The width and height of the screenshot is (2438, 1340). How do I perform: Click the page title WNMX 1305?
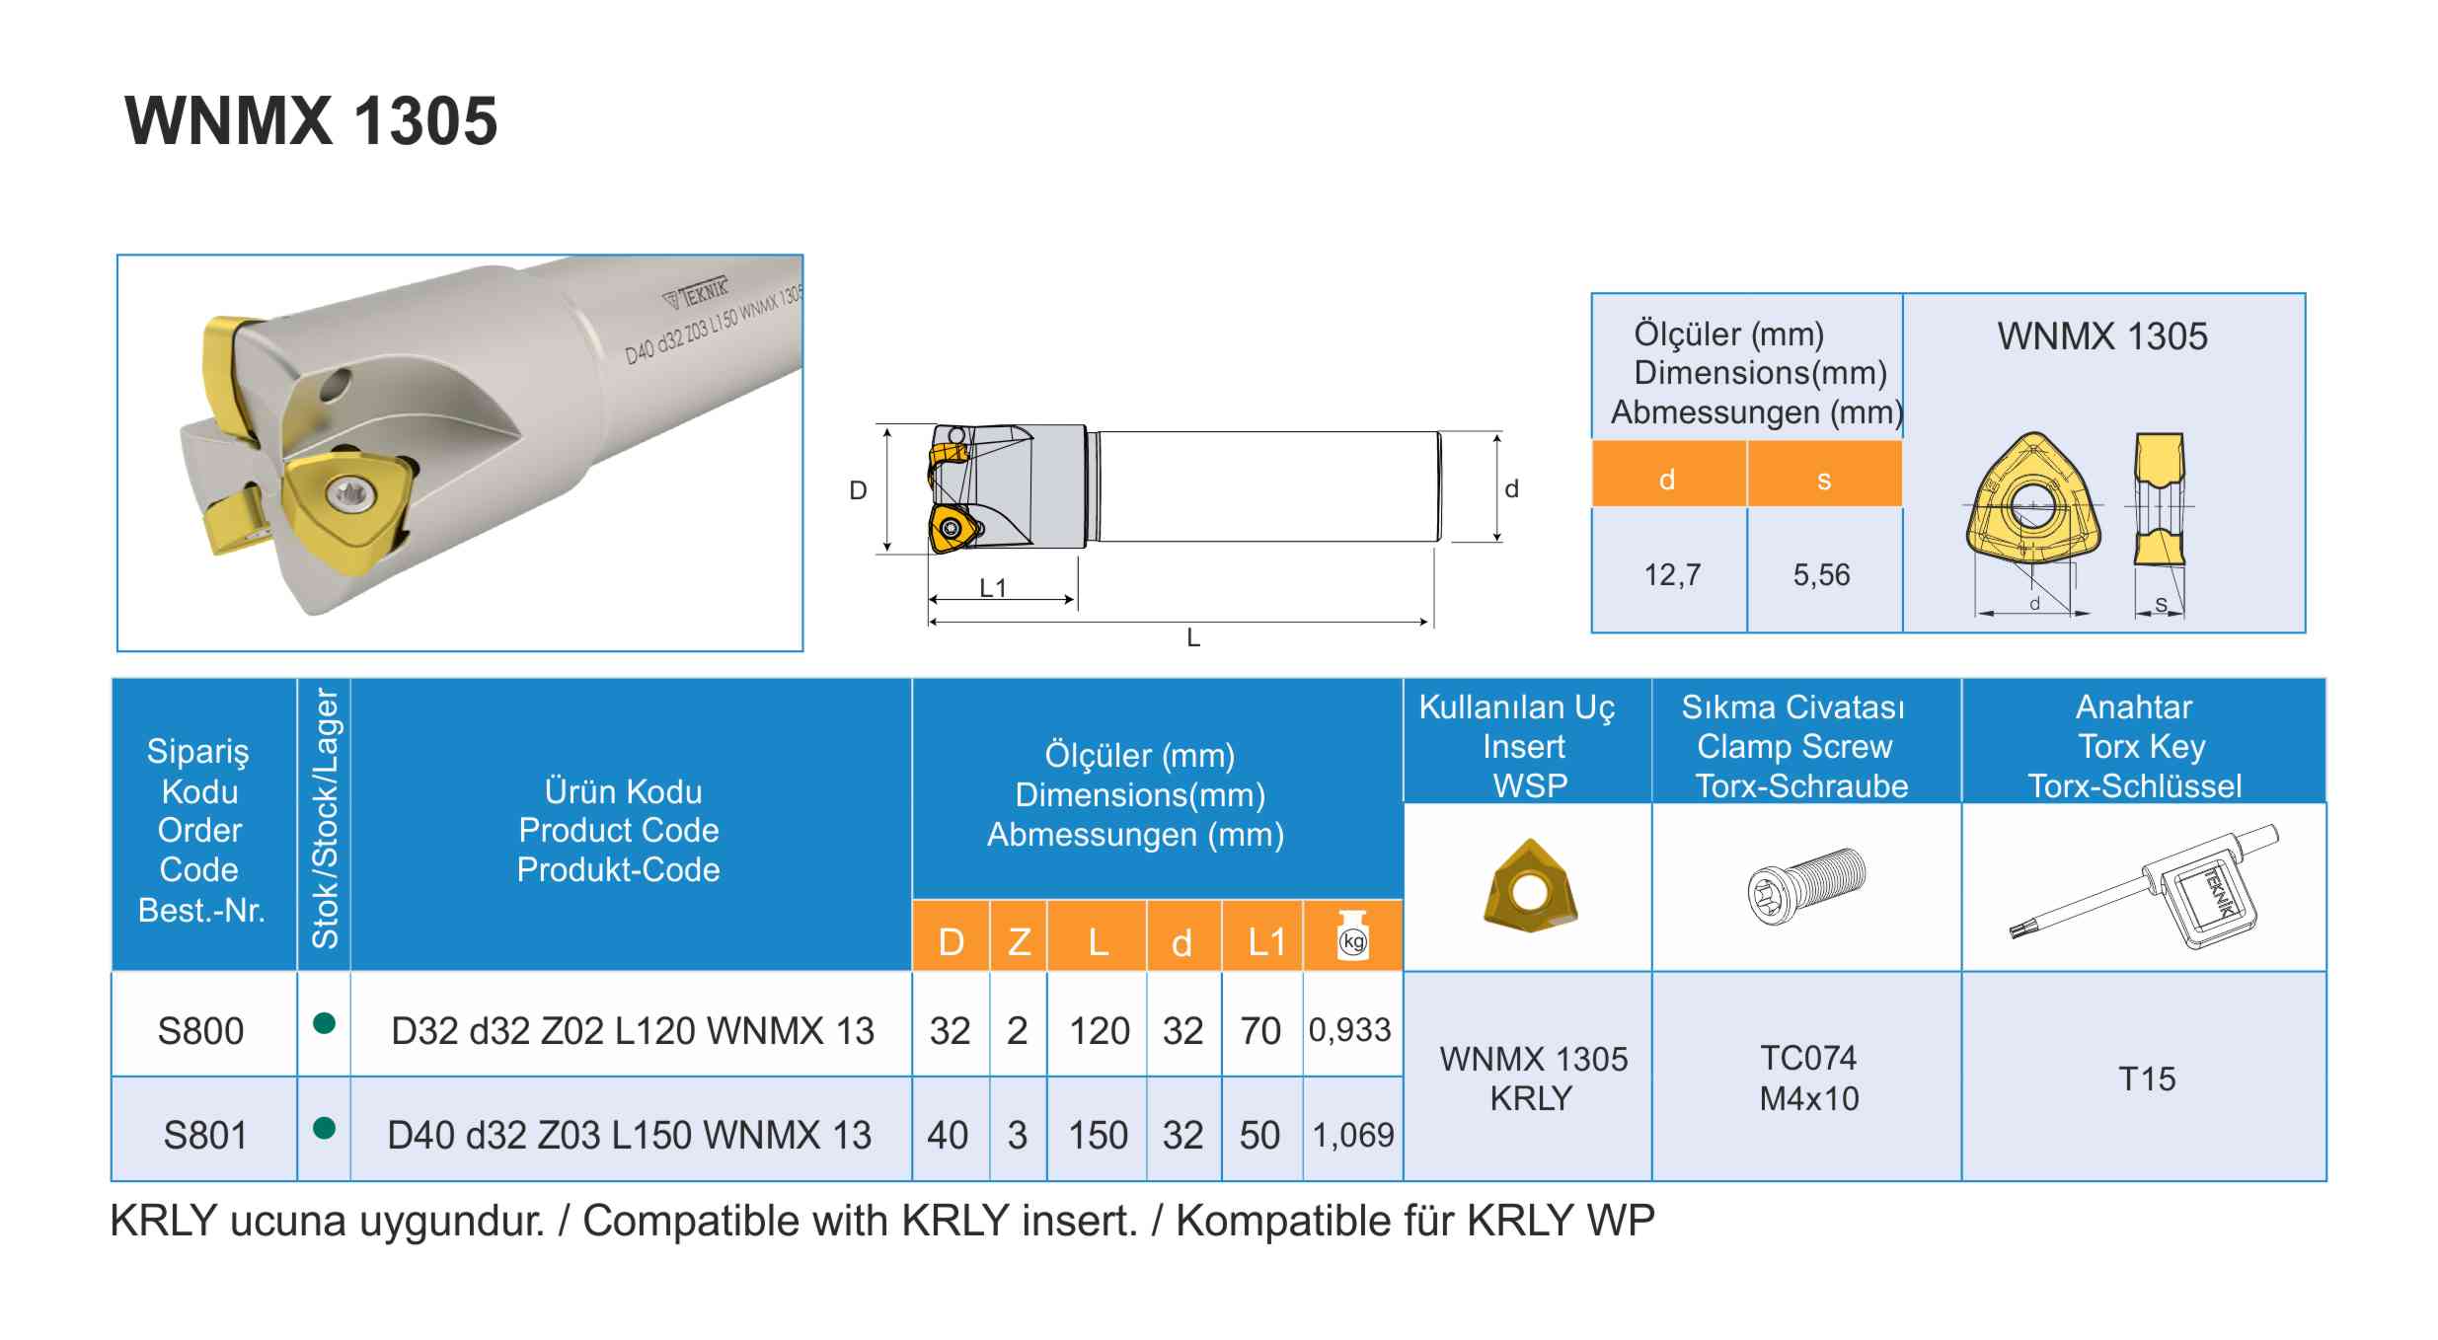[311, 120]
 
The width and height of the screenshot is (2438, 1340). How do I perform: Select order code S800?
[200, 1031]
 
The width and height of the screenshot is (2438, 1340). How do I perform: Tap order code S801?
[204, 1135]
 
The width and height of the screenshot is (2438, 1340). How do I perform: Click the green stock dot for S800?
[324, 1023]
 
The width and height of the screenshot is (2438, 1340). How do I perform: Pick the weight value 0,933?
[1349, 1030]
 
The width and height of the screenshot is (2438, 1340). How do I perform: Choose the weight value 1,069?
[1352, 1135]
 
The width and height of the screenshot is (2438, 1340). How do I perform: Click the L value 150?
[1098, 1135]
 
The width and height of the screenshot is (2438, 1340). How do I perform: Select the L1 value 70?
[1260, 1031]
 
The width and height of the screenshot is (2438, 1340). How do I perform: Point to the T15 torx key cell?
[2147, 1079]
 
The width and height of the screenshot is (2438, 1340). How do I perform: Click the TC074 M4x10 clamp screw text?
[1808, 1079]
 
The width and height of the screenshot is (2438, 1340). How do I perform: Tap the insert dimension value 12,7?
[1672, 574]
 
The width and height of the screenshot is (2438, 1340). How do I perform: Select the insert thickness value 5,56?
[1821, 574]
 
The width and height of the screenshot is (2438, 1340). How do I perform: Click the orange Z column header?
[1019, 941]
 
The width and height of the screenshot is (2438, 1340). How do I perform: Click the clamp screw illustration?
[1806, 885]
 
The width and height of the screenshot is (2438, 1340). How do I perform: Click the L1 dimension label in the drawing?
[992, 588]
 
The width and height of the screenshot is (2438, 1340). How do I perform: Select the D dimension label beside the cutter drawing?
[858, 490]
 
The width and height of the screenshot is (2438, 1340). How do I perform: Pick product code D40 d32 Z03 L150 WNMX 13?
[630, 1135]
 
